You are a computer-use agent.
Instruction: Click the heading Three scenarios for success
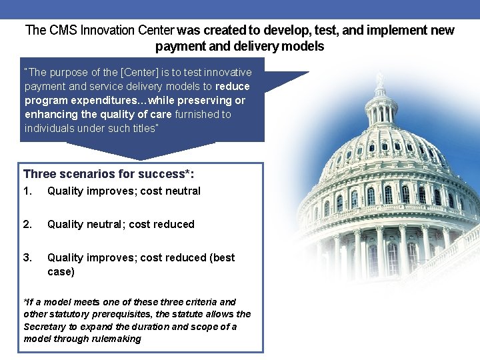pos(109,174)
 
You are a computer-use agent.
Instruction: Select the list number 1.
pos(27,191)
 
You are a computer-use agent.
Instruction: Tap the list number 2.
pos(27,225)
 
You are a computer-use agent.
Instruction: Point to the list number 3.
pos(27,258)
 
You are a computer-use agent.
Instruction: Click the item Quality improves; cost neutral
pos(123,191)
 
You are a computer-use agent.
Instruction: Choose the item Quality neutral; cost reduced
pos(121,225)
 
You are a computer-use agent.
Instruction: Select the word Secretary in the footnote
pos(45,327)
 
